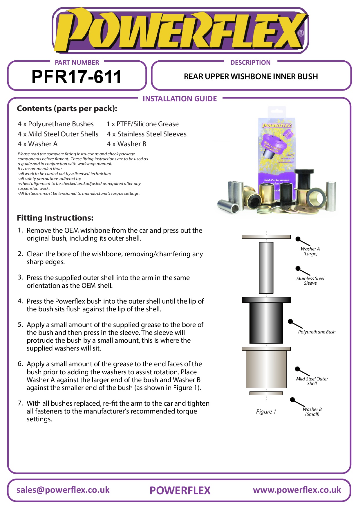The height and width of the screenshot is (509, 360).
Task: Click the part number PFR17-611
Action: [77, 77]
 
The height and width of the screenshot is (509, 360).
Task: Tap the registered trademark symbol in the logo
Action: [301, 33]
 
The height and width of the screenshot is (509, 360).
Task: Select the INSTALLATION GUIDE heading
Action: [180, 99]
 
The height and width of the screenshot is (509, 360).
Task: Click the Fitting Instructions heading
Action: [55, 218]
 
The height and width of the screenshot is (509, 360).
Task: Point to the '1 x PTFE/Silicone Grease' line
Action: [142, 124]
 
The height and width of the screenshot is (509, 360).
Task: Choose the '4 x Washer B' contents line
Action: [126, 144]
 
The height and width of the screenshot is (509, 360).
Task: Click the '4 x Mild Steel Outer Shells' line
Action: [58, 134]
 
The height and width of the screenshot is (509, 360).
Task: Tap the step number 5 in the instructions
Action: [20, 324]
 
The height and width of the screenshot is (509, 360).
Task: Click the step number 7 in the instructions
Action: [20, 403]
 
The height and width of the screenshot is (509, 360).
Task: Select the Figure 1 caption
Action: [266, 412]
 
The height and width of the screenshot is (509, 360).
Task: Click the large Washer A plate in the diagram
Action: [266, 237]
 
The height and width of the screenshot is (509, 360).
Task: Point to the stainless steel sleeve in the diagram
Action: [266, 268]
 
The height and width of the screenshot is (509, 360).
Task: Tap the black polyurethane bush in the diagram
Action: [266, 322]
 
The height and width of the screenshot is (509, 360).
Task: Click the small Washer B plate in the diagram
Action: [266, 393]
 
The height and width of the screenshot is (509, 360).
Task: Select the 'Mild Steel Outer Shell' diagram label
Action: [312, 381]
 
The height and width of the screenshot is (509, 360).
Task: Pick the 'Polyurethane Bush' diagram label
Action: [317, 332]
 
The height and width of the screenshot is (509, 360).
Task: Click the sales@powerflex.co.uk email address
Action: [63, 490]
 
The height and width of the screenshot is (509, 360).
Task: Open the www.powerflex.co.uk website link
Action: [297, 490]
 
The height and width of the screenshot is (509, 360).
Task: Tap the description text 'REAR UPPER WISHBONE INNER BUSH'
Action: [251, 77]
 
